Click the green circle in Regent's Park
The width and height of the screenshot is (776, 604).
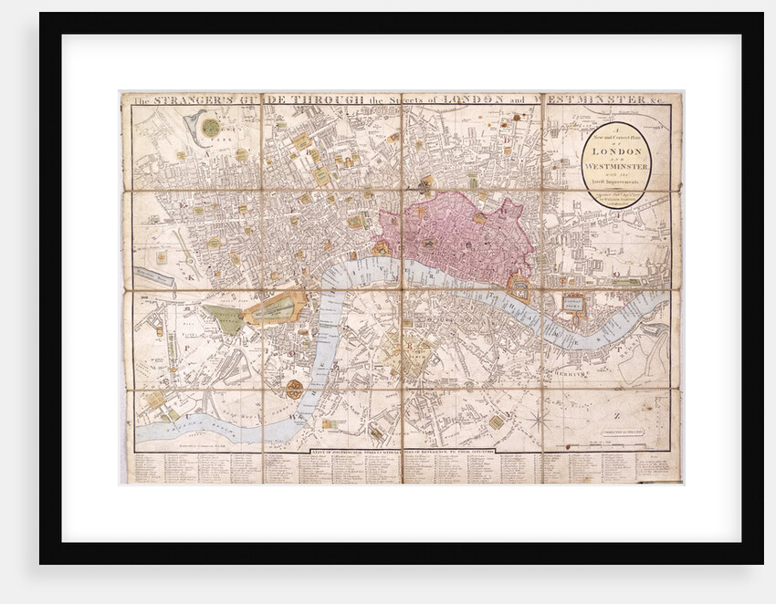211,126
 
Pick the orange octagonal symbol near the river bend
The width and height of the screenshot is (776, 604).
294,390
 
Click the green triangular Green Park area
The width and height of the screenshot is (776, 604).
225,318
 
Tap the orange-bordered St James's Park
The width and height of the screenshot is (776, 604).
274,309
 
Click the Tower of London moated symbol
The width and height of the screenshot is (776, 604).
519,288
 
